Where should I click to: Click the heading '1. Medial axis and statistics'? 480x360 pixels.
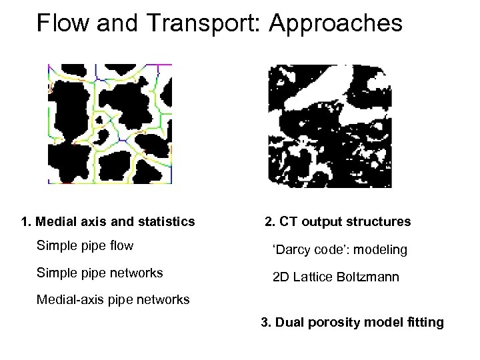tap(107, 221)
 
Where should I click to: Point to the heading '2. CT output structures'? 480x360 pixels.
tap(337, 221)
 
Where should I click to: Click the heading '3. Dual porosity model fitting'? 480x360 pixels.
tap(352, 323)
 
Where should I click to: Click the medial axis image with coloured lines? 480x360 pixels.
tap(109, 124)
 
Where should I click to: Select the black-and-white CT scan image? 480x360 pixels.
tap(329, 125)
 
